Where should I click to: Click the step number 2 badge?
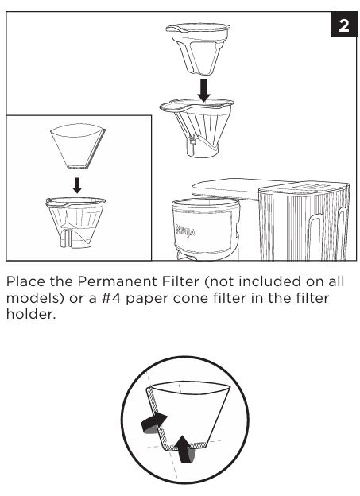[344, 25]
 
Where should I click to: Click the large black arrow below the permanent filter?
[203, 90]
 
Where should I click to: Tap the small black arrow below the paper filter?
[77, 185]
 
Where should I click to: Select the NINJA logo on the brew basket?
[186, 231]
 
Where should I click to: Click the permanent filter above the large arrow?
[198, 49]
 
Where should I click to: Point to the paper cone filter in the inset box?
[78, 146]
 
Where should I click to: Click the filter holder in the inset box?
[75, 223]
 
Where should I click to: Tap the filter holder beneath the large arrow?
[197, 128]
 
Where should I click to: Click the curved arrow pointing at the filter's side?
[153, 423]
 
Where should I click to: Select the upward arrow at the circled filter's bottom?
[185, 449]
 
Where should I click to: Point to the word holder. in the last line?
[31, 314]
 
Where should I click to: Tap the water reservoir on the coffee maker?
[304, 222]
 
